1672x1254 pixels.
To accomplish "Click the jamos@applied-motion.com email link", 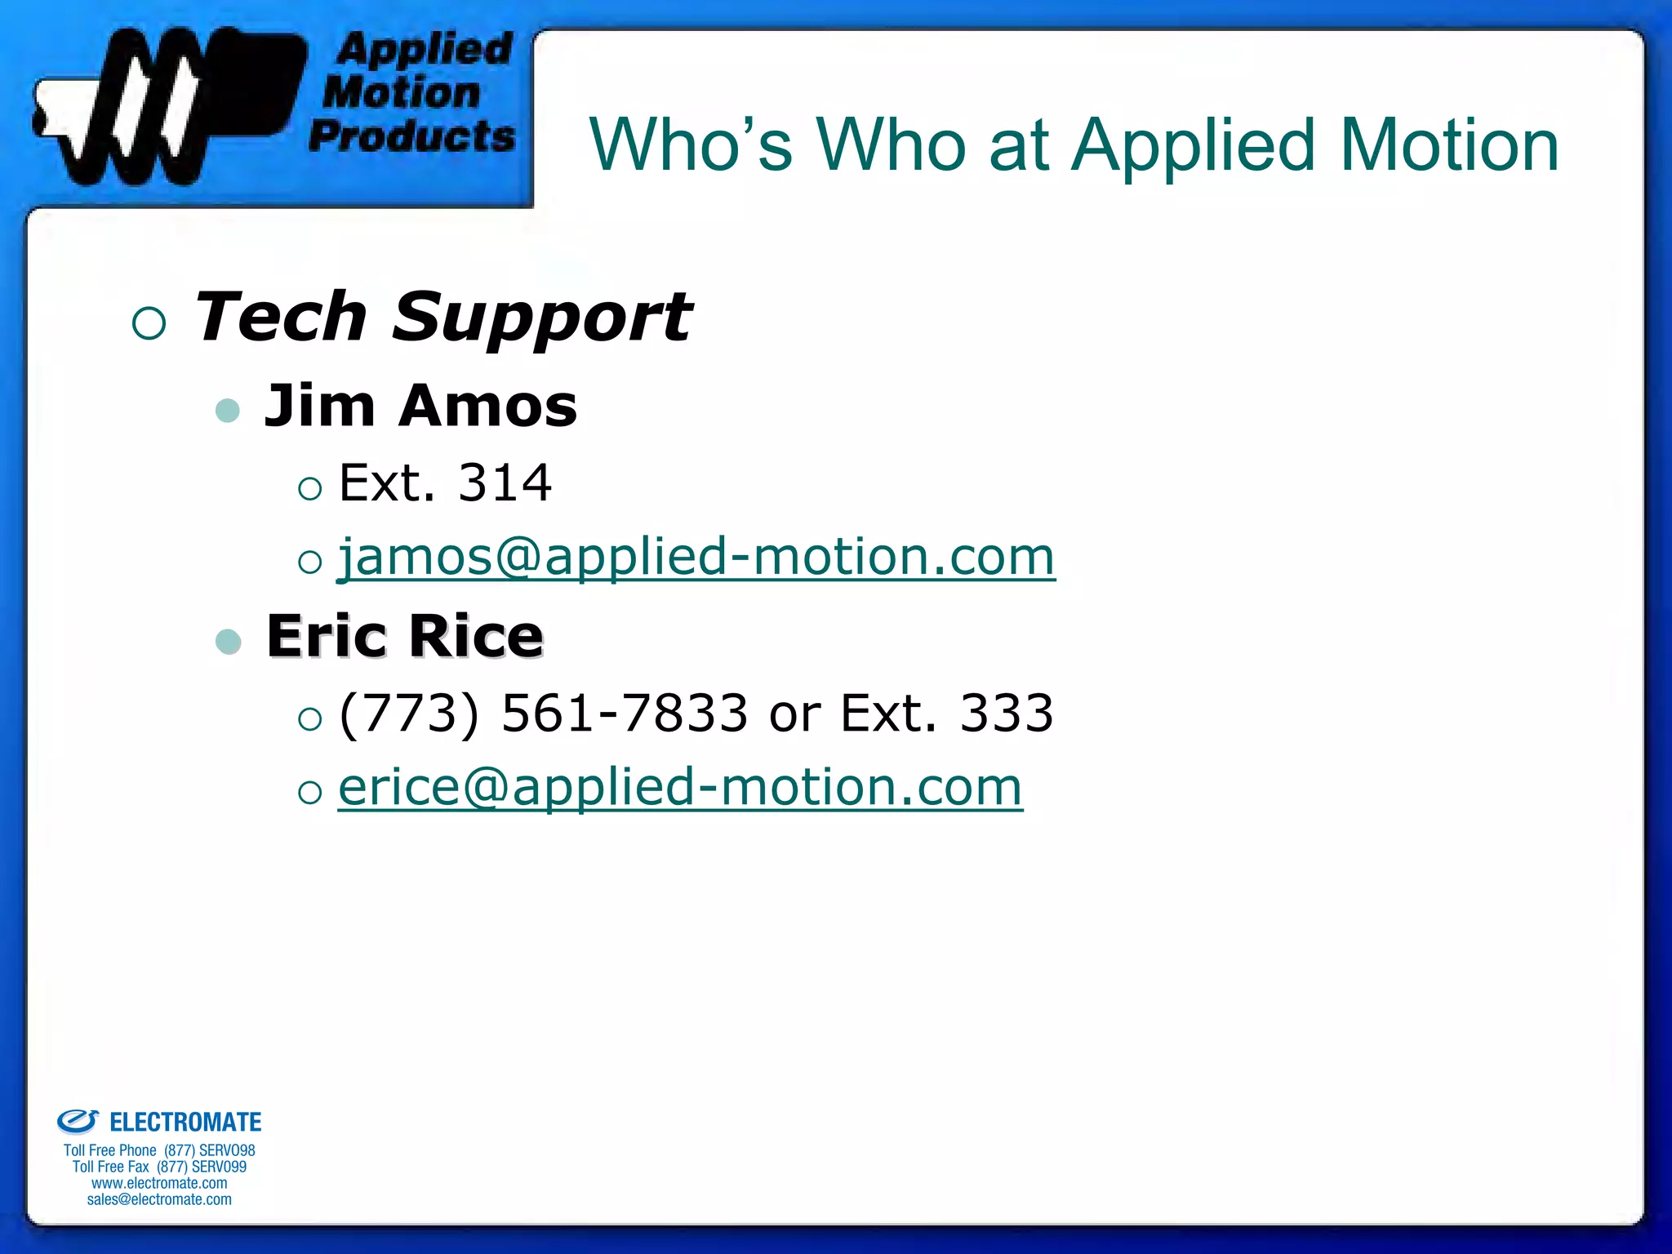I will point(696,558).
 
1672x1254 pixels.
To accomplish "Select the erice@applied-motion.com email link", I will point(680,788).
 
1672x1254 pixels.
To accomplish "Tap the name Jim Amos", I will point(420,406).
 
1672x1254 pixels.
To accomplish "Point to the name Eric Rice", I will point(405,636).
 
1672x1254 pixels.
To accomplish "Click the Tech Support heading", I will point(442,317).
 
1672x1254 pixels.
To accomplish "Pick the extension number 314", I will point(505,482).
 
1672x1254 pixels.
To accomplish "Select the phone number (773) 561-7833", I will point(543,714).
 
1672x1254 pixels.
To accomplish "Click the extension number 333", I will point(1006,714).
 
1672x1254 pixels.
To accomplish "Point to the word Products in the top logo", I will point(412,136).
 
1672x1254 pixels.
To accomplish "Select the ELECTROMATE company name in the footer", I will point(185,1123).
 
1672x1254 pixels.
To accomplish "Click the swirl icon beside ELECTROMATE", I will point(78,1122).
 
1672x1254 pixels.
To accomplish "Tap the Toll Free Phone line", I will point(159,1150).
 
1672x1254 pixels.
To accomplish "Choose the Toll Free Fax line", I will point(159,1167).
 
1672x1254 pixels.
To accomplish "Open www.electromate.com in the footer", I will point(159,1183).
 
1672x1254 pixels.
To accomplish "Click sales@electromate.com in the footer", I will point(159,1199).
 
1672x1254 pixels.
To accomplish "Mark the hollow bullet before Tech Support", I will point(149,323).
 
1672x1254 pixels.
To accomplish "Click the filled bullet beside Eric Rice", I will point(228,642).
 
